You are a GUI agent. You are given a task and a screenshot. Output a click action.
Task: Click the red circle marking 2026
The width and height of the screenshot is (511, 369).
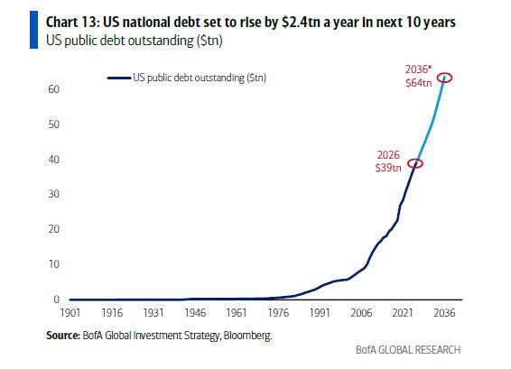(x=414, y=163)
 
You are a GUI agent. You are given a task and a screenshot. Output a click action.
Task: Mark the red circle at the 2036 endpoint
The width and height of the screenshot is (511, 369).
(x=444, y=78)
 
